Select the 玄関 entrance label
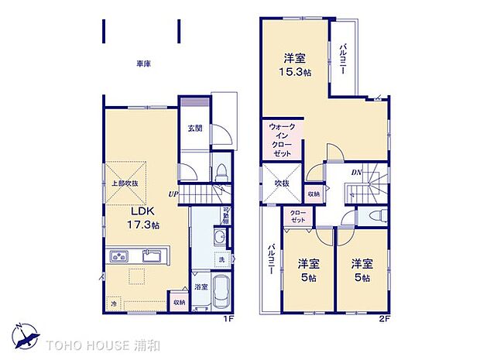194,129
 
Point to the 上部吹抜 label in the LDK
124,183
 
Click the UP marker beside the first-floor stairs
175,194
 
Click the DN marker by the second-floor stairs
357,172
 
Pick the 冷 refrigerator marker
115,303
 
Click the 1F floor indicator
231,317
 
